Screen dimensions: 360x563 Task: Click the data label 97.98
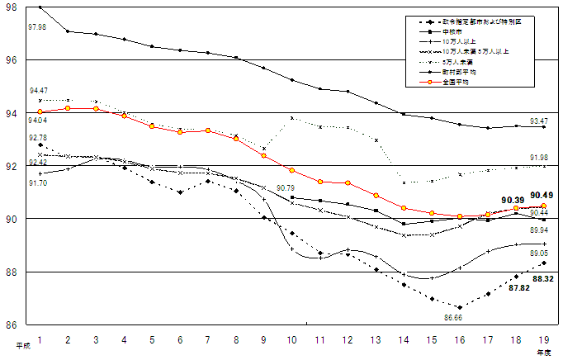[37, 27]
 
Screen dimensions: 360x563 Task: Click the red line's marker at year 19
[543, 206]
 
